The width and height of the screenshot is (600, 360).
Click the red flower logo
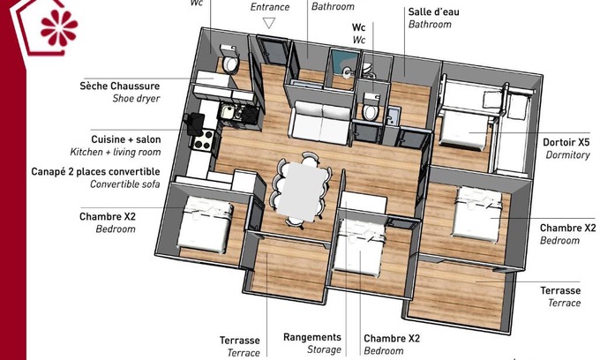[58, 27]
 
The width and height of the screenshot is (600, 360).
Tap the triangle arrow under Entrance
[269, 23]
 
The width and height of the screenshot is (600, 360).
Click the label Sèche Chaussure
[120, 86]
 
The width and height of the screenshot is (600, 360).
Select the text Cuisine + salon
[126, 139]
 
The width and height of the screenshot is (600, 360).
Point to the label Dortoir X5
[566, 142]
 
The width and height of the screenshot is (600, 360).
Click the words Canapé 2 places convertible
[95, 171]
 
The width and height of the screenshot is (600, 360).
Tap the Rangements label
[312, 337]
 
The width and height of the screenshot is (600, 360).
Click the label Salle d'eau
[433, 11]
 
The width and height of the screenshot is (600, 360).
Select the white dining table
[302, 191]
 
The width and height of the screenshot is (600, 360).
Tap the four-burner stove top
[203, 139]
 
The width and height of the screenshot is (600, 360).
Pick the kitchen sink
[228, 112]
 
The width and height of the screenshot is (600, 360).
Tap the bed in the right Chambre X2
[476, 214]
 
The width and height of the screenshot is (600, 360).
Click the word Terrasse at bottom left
[239, 340]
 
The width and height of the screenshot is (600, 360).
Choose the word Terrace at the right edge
[565, 303]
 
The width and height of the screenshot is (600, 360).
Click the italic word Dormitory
[568, 155]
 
